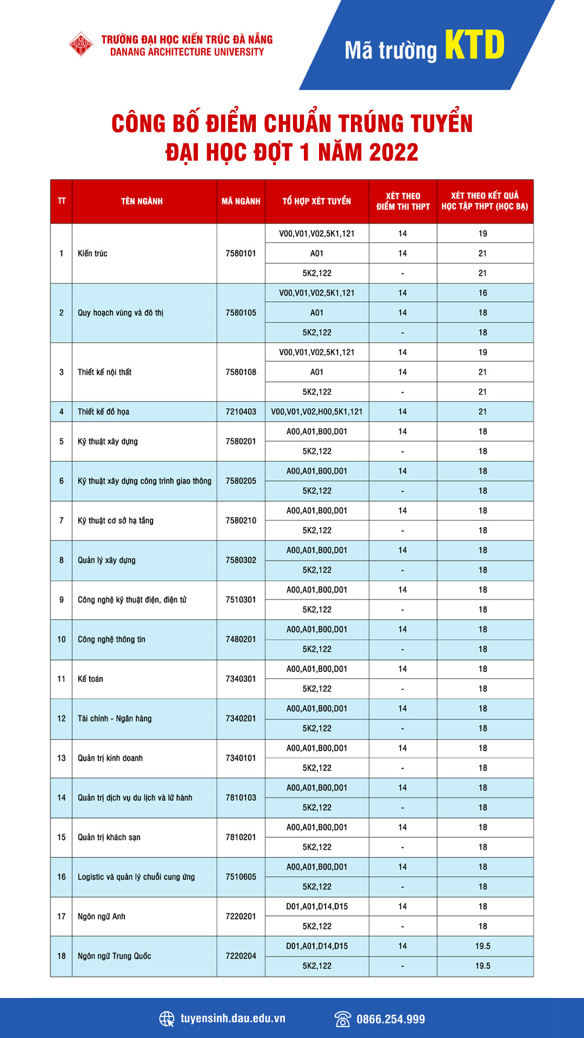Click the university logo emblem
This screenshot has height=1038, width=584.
tap(81, 44)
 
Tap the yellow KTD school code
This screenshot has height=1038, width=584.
tap(475, 45)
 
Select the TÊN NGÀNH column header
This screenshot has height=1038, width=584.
tap(142, 201)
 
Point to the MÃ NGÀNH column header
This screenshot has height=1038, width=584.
tap(241, 201)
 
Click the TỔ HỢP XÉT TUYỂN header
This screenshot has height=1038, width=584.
tap(317, 201)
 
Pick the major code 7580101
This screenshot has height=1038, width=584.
tap(241, 253)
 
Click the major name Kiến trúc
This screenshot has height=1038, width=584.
tap(92, 253)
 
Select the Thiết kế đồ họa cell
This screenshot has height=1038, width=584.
tap(103, 411)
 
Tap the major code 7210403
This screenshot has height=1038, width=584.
tap(241, 411)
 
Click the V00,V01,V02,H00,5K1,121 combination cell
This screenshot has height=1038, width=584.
tap(317, 411)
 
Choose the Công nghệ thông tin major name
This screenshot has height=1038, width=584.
tap(111, 639)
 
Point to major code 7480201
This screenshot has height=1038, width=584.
tap(241, 639)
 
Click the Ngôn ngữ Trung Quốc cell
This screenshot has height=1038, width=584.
tap(114, 956)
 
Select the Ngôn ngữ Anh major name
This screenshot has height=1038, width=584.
tap(101, 916)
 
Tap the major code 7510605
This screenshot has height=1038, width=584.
tap(241, 877)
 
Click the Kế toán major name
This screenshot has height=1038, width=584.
tap(90, 678)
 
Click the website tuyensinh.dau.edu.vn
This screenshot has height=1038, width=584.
tap(233, 1019)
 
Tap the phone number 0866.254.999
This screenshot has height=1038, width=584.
tap(390, 1019)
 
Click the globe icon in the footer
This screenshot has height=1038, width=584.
tap(167, 1019)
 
